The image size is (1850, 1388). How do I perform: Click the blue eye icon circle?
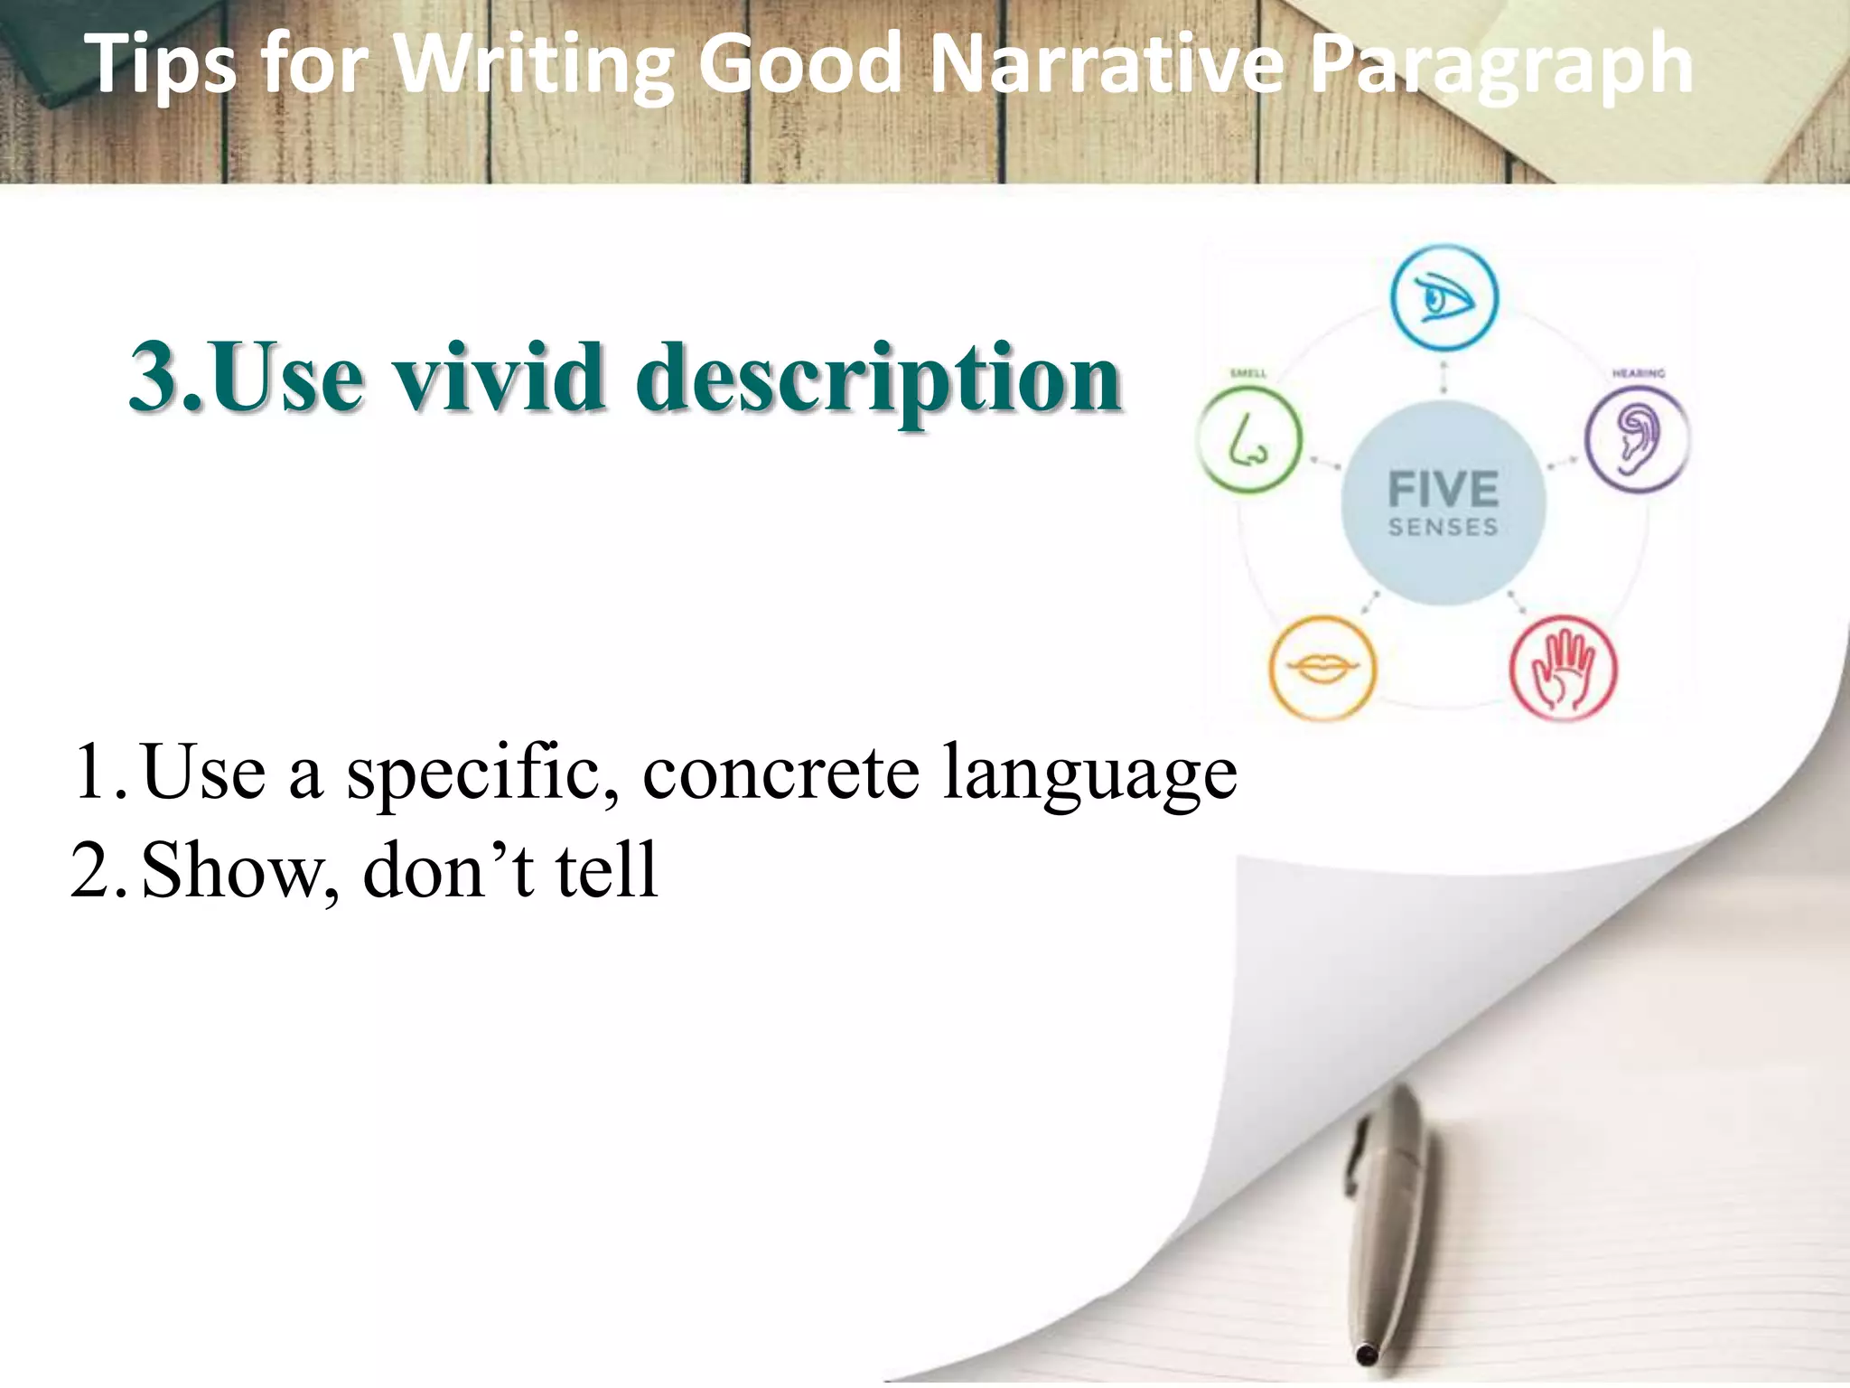pyautogui.click(x=1444, y=297)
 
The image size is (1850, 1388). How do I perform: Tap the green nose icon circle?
pyautogui.click(x=1250, y=440)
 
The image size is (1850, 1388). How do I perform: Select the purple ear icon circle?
pyautogui.click(x=1637, y=440)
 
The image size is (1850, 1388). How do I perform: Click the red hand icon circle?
pyautogui.click(x=1564, y=669)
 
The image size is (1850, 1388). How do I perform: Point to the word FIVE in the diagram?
pyautogui.click(x=1443, y=490)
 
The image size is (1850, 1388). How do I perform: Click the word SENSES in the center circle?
pyautogui.click(x=1443, y=528)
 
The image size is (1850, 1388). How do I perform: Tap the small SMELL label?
pyautogui.click(x=1248, y=373)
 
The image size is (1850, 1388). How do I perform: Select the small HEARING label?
pyautogui.click(x=1639, y=373)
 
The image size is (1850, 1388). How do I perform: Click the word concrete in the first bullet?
pyautogui.click(x=780, y=773)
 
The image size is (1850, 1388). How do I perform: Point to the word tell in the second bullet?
pyautogui.click(x=606, y=869)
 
